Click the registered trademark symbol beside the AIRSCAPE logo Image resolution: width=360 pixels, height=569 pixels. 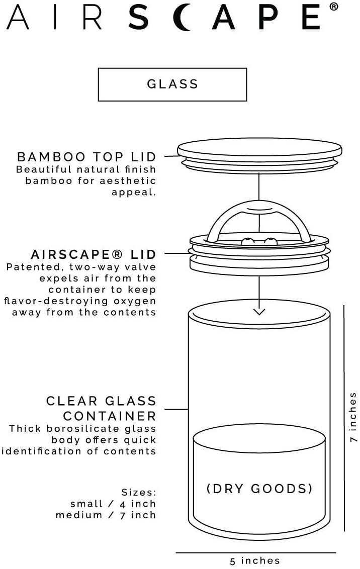[x=334, y=6]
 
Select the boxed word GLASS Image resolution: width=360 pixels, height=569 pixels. [x=172, y=84]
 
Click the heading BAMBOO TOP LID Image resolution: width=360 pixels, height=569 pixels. [x=86, y=157]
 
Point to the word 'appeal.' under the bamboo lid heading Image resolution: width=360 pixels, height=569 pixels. [x=134, y=193]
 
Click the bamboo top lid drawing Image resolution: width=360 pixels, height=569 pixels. [x=259, y=156]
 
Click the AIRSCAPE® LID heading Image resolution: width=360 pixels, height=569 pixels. [x=93, y=254]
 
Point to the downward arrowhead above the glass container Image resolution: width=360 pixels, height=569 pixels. [x=259, y=311]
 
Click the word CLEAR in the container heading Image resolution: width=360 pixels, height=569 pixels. [x=72, y=401]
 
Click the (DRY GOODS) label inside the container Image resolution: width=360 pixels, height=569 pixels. [x=259, y=489]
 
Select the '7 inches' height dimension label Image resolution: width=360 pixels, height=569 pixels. [x=353, y=417]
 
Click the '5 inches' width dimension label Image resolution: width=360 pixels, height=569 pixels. [x=255, y=560]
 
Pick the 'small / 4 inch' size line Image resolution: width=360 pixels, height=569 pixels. [x=113, y=504]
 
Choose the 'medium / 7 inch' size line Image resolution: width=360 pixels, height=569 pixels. [x=106, y=515]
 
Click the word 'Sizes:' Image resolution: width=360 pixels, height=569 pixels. [x=139, y=493]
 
